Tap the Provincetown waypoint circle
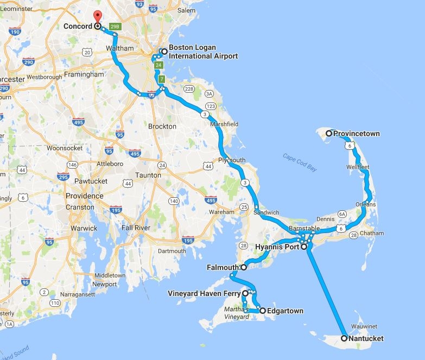click(x=329, y=133)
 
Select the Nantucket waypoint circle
click(x=344, y=338)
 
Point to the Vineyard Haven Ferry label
click(x=206, y=293)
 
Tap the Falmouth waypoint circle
click(x=244, y=267)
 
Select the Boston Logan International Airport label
click(x=203, y=52)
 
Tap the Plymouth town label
click(x=232, y=160)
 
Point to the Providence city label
click(x=84, y=196)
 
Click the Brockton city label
click(x=162, y=126)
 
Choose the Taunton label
click(x=148, y=175)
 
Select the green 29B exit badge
click(x=114, y=26)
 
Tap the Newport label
click(x=104, y=284)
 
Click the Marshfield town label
click(x=224, y=124)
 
